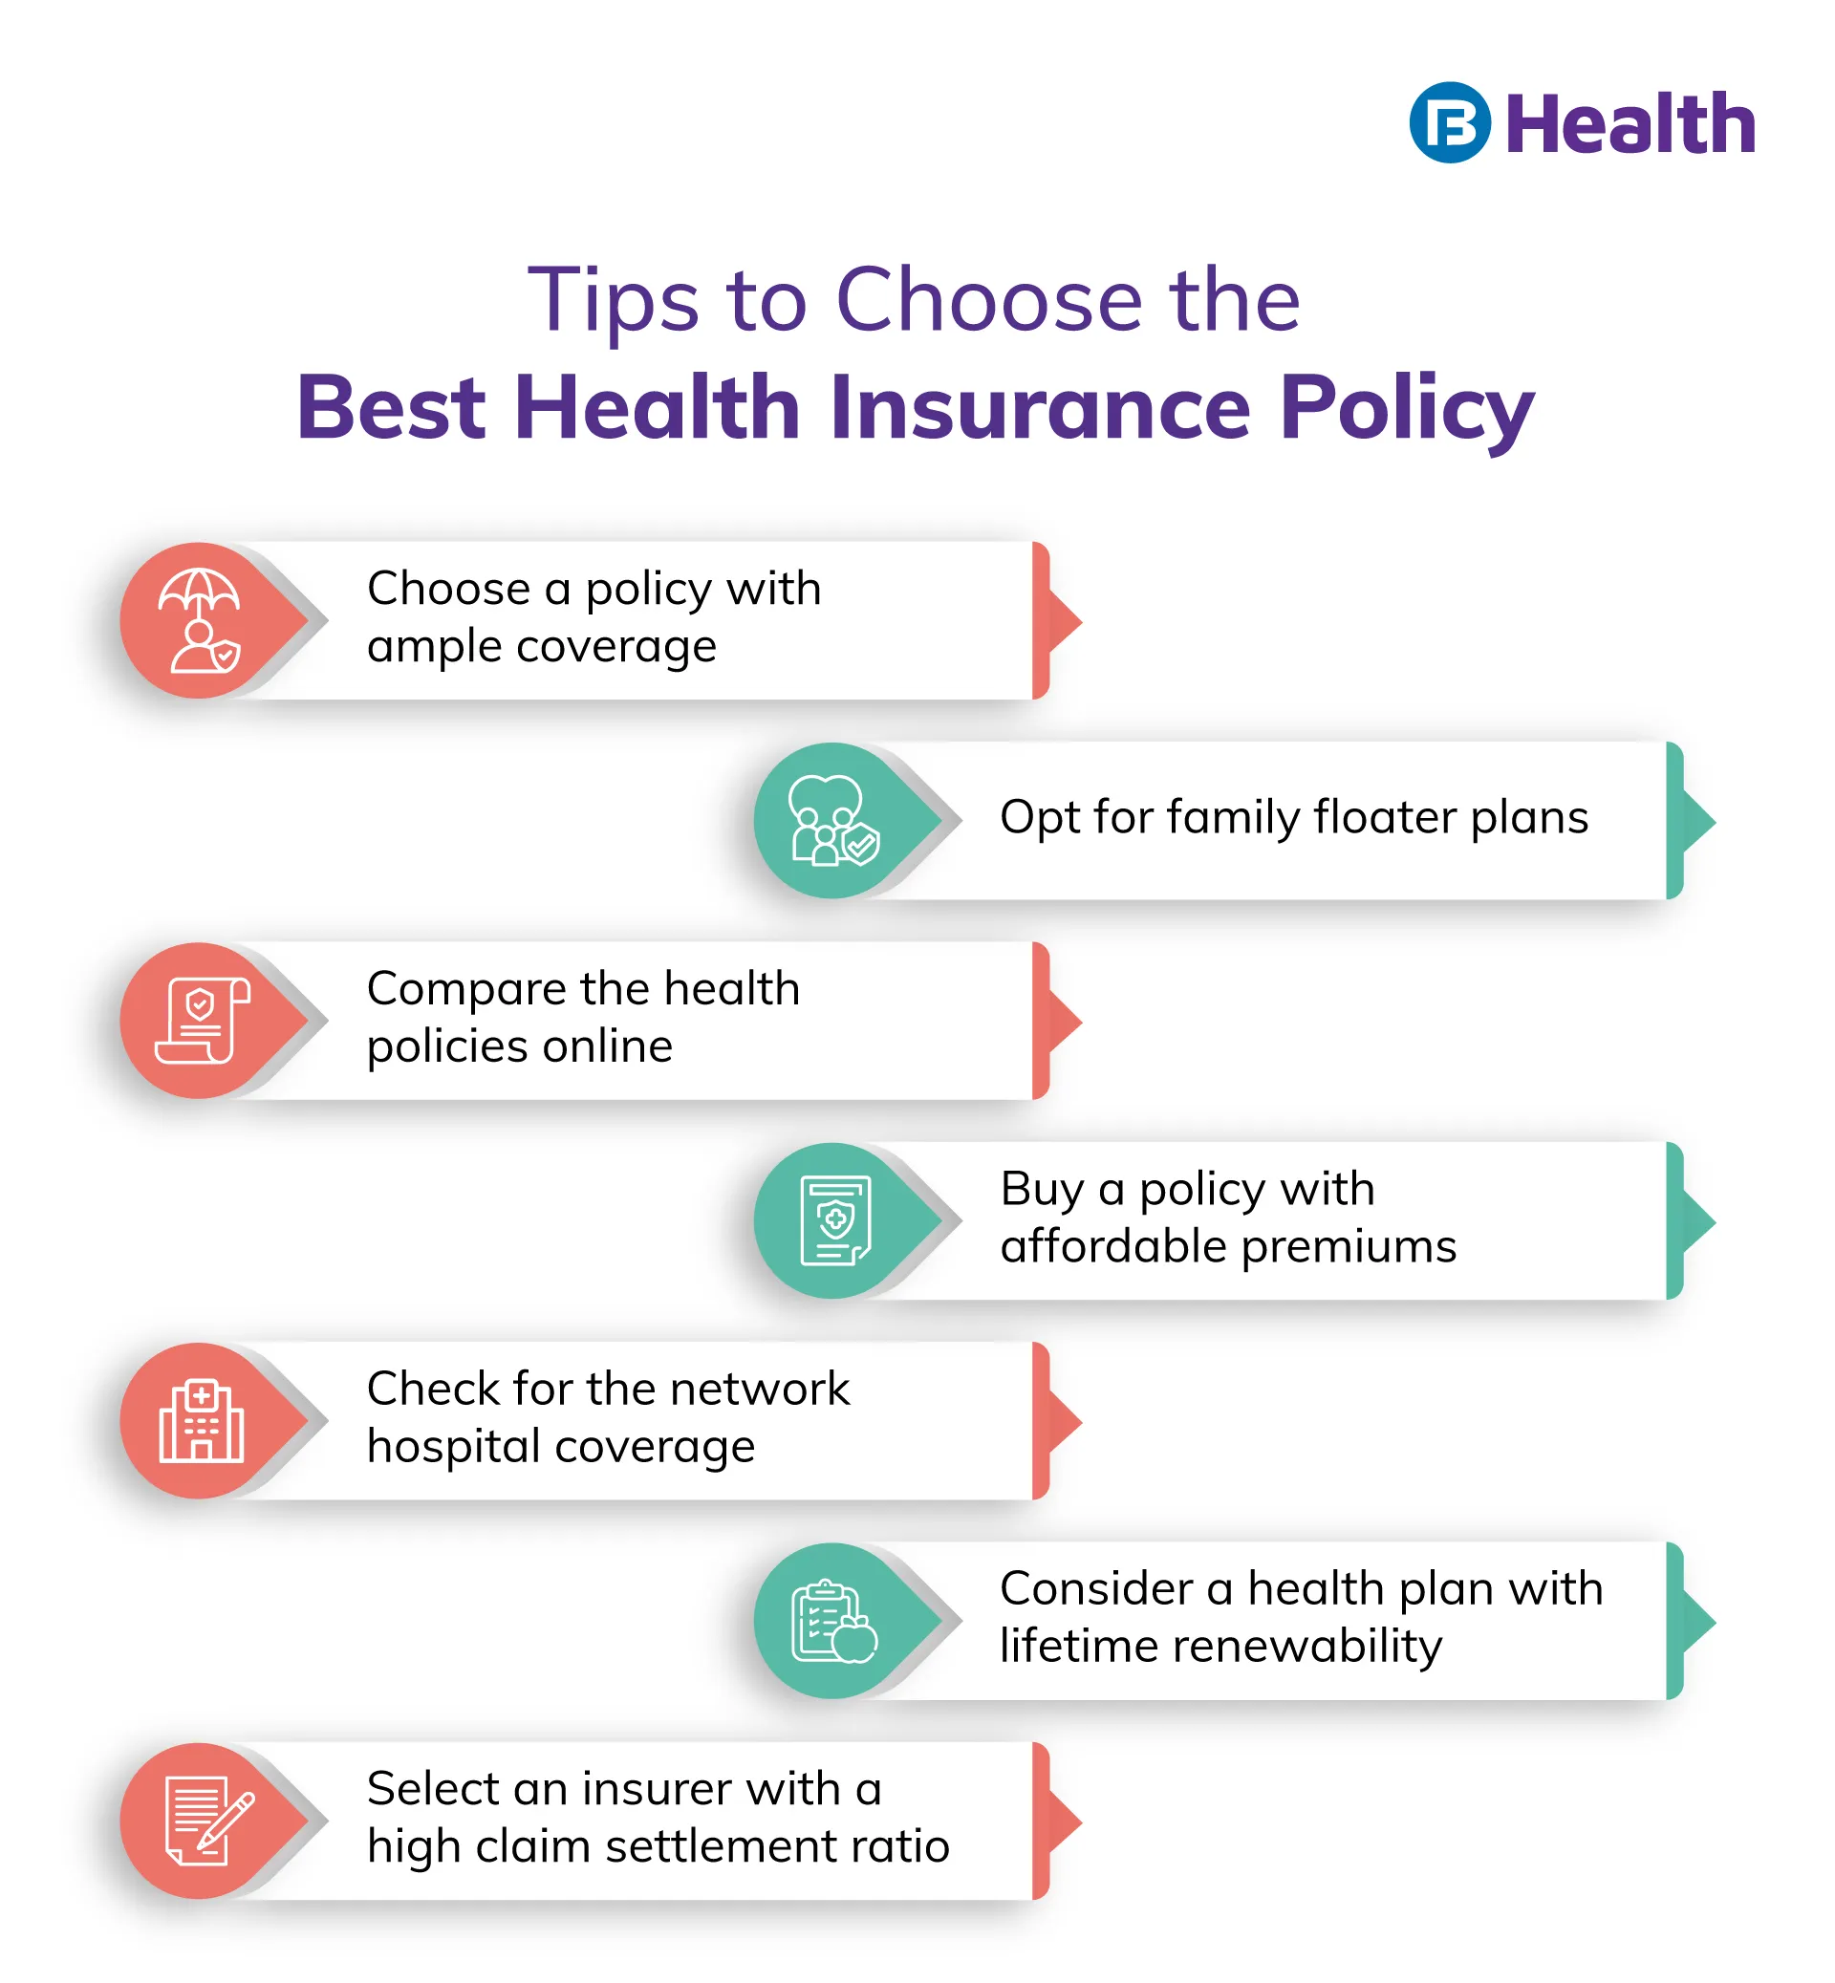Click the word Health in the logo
pos(1630,124)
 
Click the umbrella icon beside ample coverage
pos(199,620)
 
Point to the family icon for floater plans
pos(834,821)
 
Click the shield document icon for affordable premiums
pos(836,1220)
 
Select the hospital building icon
pos(202,1421)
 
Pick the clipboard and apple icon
pos(834,1621)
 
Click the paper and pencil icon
pos(209,1821)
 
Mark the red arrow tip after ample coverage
pos(1081,621)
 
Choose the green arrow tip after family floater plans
pos(1716,821)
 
